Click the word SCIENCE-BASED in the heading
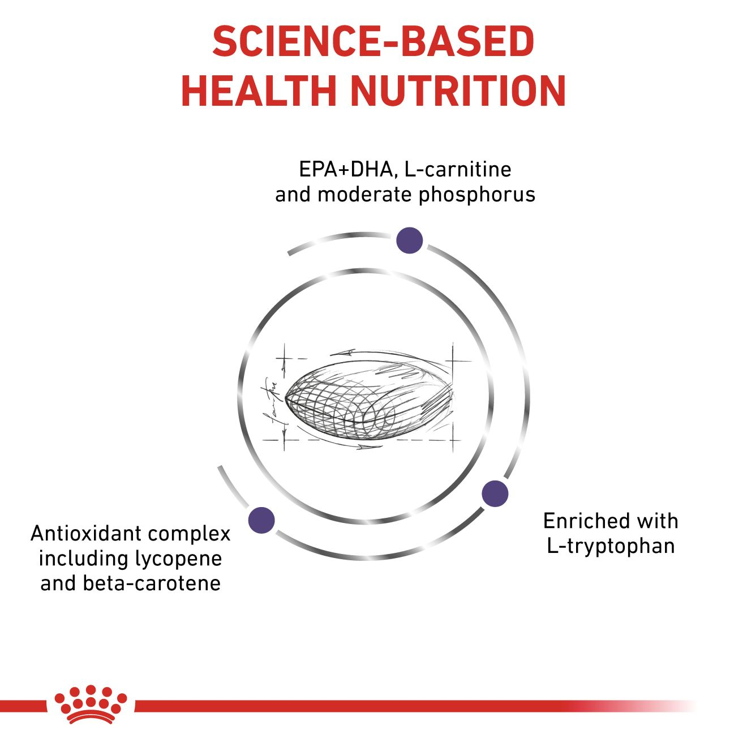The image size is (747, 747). coord(373,42)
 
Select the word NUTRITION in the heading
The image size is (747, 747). coord(458,92)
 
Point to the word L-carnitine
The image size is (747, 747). coord(458,170)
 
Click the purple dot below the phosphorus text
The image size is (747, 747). coord(409,241)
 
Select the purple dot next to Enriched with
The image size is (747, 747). coord(495,493)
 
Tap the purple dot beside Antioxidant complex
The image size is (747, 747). coord(261,520)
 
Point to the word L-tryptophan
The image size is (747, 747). coord(611,546)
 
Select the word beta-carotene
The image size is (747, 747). coord(152,583)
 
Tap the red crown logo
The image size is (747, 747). coord(91,710)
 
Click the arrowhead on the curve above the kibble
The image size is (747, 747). coord(347,353)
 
